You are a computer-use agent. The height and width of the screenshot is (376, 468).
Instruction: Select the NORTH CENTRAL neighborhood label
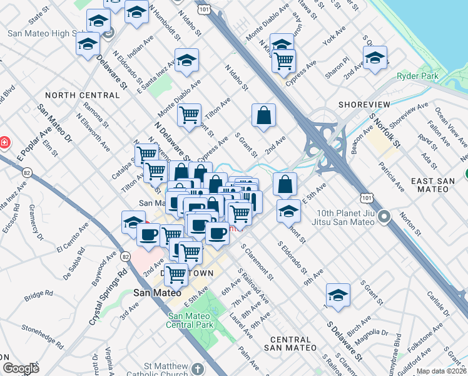click(x=82, y=95)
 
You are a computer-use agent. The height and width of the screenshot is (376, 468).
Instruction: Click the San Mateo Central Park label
click(x=191, y=320)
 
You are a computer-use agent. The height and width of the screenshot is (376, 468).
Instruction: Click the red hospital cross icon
click(x=4, y=142)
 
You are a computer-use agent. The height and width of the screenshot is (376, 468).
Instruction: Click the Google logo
click(x=21, y=368)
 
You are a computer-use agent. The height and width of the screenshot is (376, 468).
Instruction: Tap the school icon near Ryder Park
click(x=375, y=58)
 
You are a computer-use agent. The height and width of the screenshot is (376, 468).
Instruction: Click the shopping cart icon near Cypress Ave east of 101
click(x=284, y=60)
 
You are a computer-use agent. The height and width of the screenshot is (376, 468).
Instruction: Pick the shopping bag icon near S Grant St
click(x=264, y=115)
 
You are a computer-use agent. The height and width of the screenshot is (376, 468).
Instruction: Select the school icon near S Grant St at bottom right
click(x=338, y=295)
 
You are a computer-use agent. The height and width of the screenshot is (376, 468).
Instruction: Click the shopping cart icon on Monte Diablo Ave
click(x=188, y=115)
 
